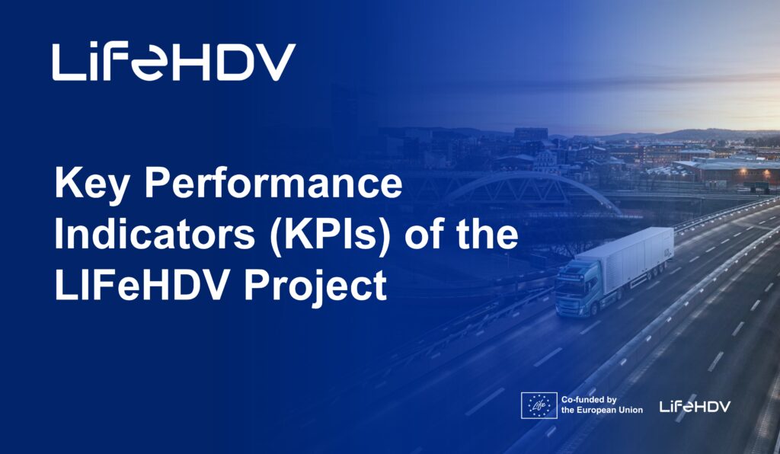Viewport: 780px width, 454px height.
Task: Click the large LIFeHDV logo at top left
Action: coord(174,62)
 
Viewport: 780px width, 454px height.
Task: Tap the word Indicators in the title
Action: coord(155,235)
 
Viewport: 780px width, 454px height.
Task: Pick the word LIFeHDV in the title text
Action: coord(144,285)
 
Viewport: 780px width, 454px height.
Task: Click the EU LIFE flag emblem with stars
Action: coord(539,405)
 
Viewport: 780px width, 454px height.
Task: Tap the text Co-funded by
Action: coord(589,399)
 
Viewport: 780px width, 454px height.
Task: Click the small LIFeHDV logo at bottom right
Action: coord(695,406)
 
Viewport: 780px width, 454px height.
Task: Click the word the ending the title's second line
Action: coord(487,234)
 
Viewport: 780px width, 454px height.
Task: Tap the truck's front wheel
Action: coord(594,309)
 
